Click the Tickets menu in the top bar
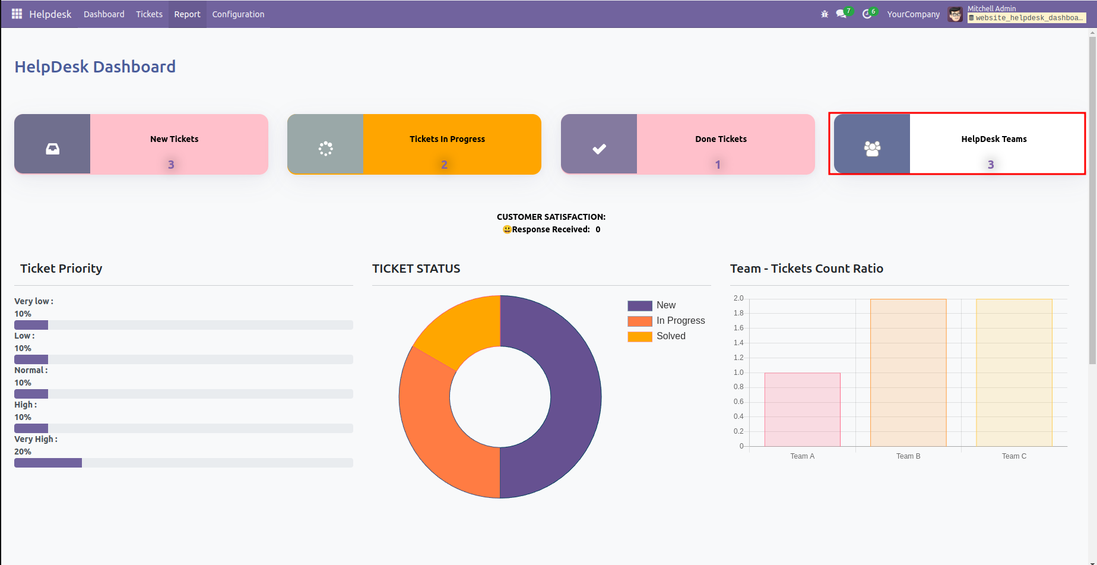[149, 14]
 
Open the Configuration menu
[238, 14]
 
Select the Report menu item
[187, 14]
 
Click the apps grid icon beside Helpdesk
[17, 14]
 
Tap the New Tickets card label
[174, 139]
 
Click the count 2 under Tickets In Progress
[444, 165]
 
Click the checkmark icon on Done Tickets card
[599, 149]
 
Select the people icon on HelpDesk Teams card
[872, 149]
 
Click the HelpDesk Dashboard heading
[95, 67]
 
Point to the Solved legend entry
[671, 336]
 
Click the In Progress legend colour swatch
[639, 321]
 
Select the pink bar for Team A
[802, 410]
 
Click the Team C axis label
[1014, 456]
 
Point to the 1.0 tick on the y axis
[738, 373]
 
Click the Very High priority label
[36, 439]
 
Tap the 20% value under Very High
[23, 452]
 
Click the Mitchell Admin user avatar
[955, 14]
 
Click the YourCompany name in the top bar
[913, 14]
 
